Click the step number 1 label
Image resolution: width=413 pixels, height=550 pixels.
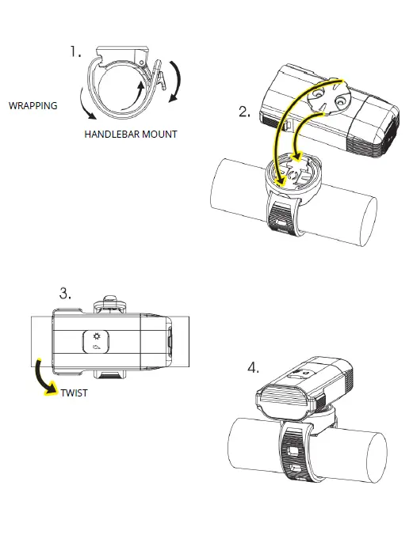(75, 52)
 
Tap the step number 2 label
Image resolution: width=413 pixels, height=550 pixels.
(244, 112)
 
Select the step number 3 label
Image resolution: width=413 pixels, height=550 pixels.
(65, 294)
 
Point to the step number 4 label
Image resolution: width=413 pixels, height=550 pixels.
(253, 368)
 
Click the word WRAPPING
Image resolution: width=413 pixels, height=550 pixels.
(33, 106)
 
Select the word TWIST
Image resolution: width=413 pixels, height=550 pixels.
(74, 393)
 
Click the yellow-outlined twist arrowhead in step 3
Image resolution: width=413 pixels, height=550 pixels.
(52, 389)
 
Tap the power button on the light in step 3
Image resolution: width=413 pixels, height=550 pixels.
(96, 342)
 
